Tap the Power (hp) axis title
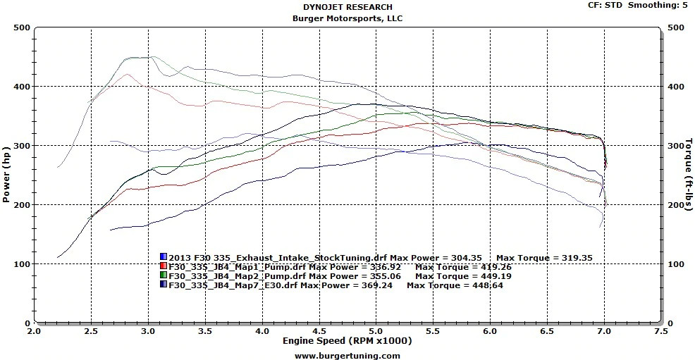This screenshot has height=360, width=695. point(6,175)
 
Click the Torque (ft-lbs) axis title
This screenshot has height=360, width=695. point(688,175)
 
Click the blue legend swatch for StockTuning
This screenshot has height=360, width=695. point(164,257)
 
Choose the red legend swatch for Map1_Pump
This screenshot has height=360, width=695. point(164,266)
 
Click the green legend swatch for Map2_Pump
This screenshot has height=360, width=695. point(164,275)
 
